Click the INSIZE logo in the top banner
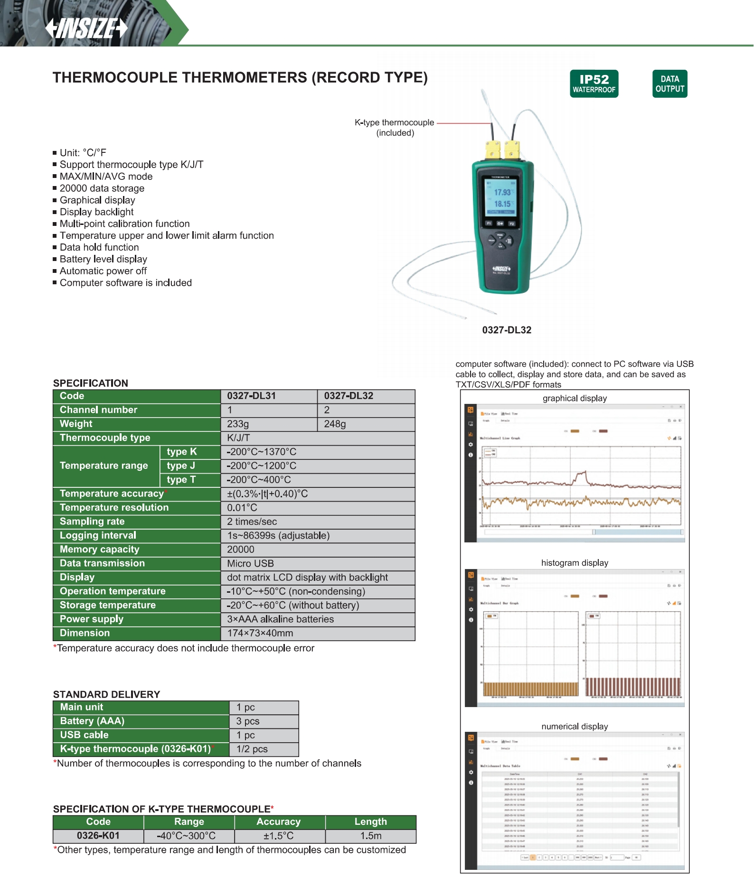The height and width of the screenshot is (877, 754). pyautogui.click(x=86, y=28)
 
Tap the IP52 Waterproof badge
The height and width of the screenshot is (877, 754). pyautogui.click(x=594, y=84)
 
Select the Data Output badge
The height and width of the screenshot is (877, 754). pyautogui.click(x=669, y=84)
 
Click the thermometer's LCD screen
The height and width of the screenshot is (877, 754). pyautogui.click(x=500, y=197)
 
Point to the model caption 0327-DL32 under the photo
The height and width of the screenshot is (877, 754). pyautogui.click(x=507, y=330)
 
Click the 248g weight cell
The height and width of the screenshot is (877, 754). pyautogui.click(x=366, y=424)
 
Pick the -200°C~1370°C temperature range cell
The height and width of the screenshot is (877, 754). pyautogui.click(x=318, y=452)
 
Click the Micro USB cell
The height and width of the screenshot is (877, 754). pyautogui.click(x=318, y=563)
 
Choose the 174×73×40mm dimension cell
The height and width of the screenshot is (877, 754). pyautogui.click(x=318, y=633)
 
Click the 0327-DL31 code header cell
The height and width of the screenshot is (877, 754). pyautogui.click(x=269, y=396)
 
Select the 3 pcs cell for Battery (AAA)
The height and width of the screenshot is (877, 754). pyautogui.click(x=264, y=721)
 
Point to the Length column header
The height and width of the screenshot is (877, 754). pyautogui.click(x=370, y=822)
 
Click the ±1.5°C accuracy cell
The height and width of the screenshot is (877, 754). pyautogui.click(x=279, y=836)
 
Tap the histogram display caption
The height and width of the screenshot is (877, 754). pyautogui.click(x=575, y=563)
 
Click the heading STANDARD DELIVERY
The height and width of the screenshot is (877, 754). pyautogui.click(x=107, y=694)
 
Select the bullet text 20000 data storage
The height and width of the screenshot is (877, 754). pyautogui.click(x=102, y=188)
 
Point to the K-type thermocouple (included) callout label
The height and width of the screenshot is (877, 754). pyautogui.click(x=395, y=128)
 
